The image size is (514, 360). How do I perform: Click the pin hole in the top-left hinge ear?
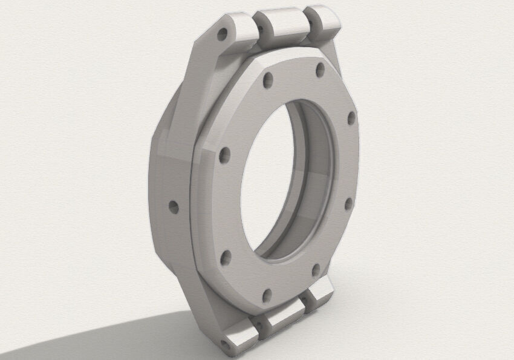224,33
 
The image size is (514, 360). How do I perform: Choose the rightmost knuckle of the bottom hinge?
319,295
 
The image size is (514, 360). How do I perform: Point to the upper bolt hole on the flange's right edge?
351,119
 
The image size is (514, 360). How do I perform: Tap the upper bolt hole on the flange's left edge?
224,154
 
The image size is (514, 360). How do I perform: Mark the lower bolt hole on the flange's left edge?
225,259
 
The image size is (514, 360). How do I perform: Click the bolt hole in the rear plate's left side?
174,208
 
